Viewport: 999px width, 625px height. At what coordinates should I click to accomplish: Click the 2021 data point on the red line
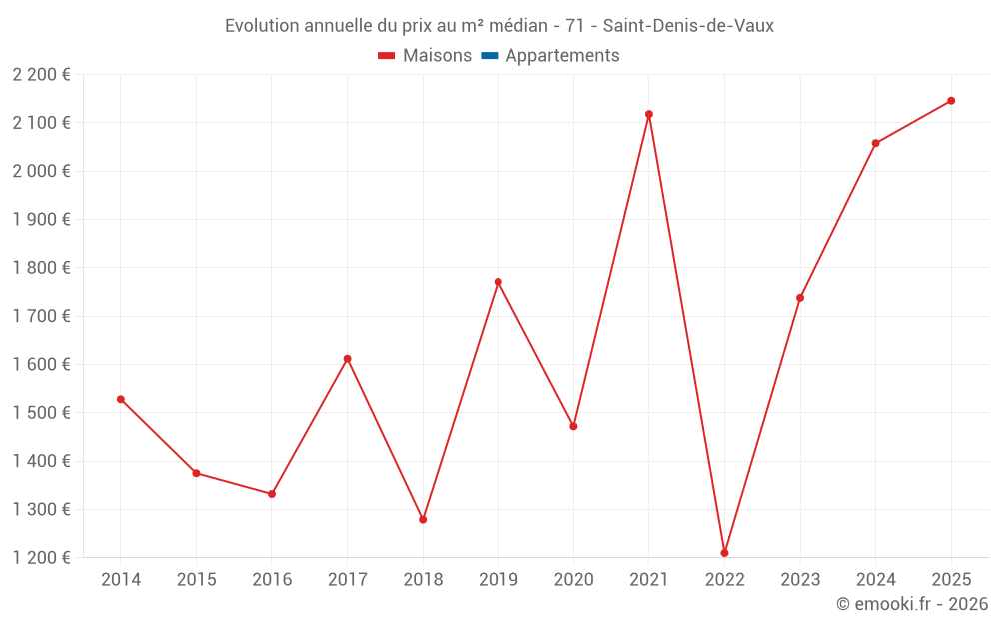click(x=649, y=114)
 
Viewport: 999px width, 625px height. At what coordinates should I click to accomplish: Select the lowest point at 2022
click(x=724, y=553)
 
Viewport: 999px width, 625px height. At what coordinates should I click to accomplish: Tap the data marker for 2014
click(x=121, y=399)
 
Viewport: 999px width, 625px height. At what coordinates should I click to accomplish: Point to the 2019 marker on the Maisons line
click(x=499, y=282)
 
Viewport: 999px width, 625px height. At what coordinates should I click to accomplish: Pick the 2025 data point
click(x=951, y=101)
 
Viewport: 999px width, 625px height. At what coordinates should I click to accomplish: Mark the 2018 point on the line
click(x=423, y=520)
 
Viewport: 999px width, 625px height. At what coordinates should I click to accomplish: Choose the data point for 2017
click(x=347, y=359)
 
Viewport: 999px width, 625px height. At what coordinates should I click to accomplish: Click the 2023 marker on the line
click(x=800, y=298)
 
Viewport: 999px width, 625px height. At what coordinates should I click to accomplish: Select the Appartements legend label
click(x=562, y=56)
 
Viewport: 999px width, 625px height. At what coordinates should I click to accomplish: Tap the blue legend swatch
click(x=490, y=56)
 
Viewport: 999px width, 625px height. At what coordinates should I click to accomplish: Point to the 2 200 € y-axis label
click(x=42, y=74)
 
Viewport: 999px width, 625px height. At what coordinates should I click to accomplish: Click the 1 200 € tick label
click(x=42, y=558)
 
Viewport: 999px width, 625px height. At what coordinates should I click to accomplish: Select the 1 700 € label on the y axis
click(x=42, y=316)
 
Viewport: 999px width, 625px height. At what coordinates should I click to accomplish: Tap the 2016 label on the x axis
click(x=272, y=580)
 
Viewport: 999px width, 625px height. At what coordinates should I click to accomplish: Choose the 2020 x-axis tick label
click(x=573, y=580)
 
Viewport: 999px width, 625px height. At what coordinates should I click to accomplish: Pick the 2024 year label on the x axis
click(x=875, y=580)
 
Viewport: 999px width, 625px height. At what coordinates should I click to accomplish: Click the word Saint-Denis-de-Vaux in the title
click(x=688, y=26)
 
